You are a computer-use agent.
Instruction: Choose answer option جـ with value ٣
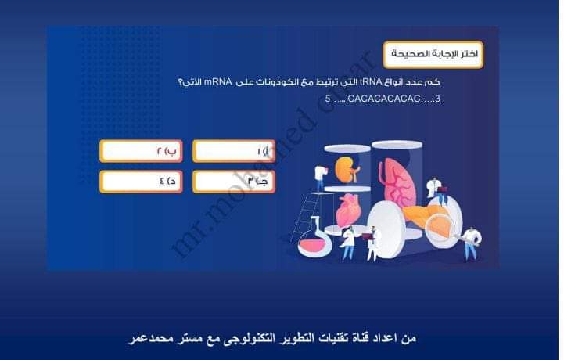point(233,181)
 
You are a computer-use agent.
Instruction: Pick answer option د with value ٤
point(142,181)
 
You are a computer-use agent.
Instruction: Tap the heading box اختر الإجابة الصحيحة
point(433,55)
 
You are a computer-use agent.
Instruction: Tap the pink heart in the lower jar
point(347,211)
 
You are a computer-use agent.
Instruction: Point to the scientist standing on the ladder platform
point(319,176)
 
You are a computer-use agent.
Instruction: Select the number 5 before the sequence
point(328,99)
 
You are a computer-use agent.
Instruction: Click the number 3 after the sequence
point(437,99)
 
